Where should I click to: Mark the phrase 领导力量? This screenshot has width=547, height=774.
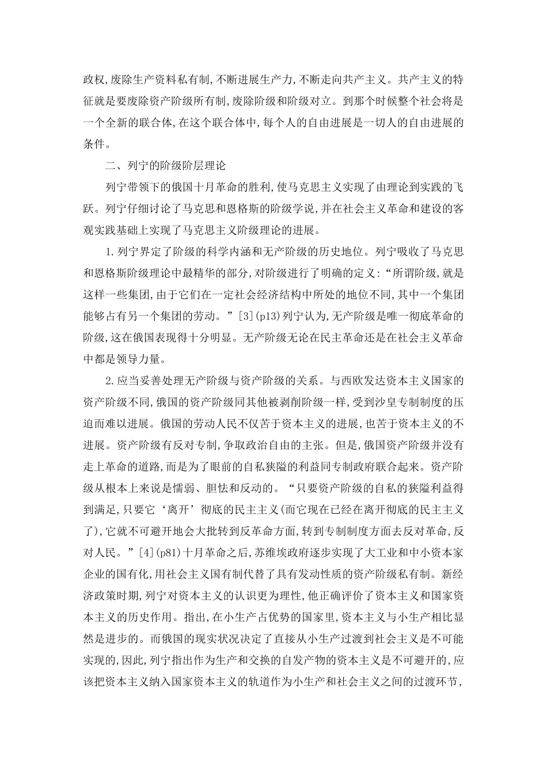click(143, 358)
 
